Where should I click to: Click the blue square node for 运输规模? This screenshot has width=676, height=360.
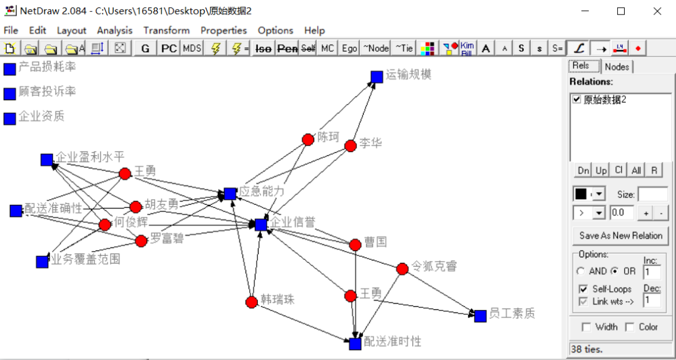[376, 76]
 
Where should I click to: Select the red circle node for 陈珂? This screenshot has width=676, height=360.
[308, 140]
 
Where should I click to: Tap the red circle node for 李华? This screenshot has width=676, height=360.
[351, 146]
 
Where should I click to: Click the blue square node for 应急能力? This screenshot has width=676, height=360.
[230, 194]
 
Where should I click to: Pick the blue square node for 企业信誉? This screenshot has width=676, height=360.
[261, 224]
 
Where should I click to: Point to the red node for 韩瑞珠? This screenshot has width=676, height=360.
[252, 302]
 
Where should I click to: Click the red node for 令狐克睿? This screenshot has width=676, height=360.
[402, 269]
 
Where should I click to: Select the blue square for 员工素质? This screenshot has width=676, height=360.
[480, 316]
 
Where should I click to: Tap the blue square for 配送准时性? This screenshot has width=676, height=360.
[355, 344]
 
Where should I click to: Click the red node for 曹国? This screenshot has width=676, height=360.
[355, 244]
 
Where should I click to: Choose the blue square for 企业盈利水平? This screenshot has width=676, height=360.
[46, 160]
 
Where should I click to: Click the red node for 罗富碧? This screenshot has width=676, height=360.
[141, 240]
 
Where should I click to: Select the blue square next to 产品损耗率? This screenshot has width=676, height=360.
[9, 69]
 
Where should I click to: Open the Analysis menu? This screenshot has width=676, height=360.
[115, 30]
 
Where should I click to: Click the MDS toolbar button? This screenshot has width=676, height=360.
[192, 48]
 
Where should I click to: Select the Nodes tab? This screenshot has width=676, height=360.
[617, 66]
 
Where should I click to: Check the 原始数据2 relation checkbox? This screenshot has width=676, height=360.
[577, 100]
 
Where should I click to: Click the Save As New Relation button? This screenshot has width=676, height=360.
[620, 235]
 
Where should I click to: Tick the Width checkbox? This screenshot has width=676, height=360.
[586, 327]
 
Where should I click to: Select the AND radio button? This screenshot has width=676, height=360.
[581, 271]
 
